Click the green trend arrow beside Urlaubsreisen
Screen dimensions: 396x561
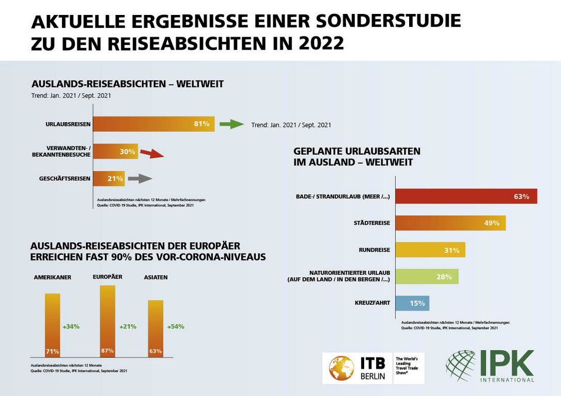coord(231,124)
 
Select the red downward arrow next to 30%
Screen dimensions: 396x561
coord(152,153)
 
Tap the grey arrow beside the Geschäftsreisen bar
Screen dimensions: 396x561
coord(139,179)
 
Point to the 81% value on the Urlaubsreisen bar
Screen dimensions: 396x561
coord(201,124)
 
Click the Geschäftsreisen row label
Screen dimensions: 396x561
coord(65,179)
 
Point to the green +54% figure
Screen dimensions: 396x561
coord(176,326)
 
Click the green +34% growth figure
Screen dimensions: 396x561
coord(71,326)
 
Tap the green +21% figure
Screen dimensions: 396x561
coord(128,326)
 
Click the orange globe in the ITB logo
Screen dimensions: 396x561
coord(341,368)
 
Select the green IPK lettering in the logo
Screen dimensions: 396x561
coord(507,363)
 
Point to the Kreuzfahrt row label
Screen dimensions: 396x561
coord(372,303)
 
